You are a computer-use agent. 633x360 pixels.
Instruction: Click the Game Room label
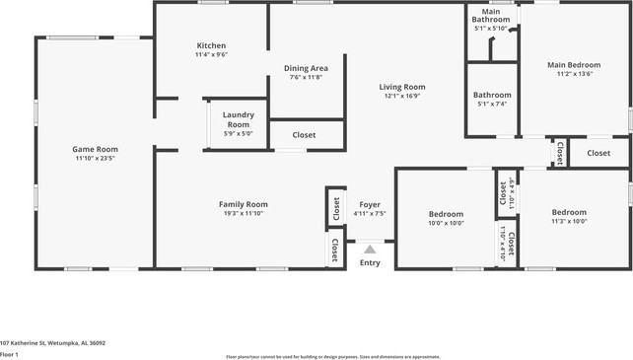96,149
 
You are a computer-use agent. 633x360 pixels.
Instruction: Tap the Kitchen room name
211,45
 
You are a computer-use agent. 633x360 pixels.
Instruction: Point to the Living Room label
401,87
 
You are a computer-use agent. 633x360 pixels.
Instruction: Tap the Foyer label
370,204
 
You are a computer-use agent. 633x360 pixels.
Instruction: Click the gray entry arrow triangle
370,250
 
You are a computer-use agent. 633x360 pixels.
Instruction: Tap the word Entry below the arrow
370,262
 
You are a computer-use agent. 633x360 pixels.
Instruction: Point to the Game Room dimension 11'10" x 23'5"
96,158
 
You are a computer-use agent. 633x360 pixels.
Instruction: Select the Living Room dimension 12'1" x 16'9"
401,96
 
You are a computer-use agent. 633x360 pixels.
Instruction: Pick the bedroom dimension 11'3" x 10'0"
569,221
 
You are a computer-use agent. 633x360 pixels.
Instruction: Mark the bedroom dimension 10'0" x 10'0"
446,223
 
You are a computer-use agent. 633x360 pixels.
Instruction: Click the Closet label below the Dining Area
305,134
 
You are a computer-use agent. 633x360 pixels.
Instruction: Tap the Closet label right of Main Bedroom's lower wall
598,153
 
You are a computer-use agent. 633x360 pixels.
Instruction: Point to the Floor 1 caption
10,353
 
